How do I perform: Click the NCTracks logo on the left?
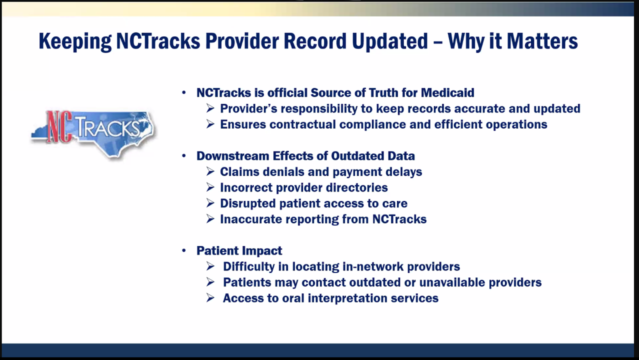[x=93, y=133]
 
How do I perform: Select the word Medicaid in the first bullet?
[x=447, y=92]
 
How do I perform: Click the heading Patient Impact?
[x=239, y=250]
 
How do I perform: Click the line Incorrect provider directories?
[x=303, y=187]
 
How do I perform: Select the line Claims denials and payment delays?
[x=321, y=171]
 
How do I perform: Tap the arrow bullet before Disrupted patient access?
[x=210, y=203]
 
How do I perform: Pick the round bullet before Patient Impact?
[x=184, y=250]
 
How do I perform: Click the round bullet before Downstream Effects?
[x=184, y=155]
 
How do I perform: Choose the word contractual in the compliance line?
[x=303, y=124]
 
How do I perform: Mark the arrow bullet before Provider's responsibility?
[x=210, y=108]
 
